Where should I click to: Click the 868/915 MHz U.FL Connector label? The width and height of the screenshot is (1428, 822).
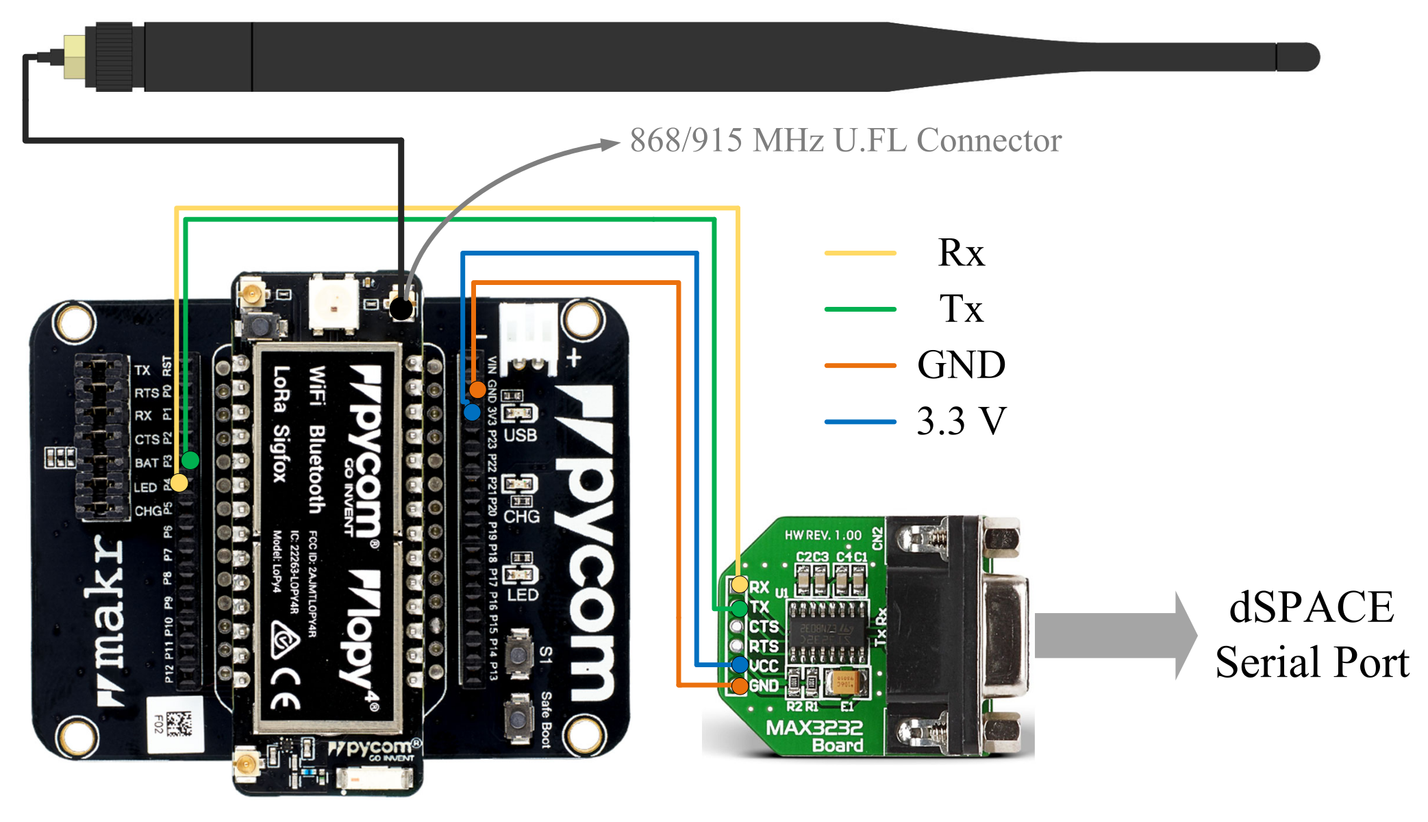click(x=845, y=140)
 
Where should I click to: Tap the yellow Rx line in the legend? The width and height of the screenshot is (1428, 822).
click(x=860, y=253)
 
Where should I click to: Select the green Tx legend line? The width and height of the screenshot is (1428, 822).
click(x=860, y=310)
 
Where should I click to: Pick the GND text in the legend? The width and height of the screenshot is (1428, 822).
click(x=961, y=364)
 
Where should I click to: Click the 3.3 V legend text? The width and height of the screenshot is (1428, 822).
click(x=961, y=421)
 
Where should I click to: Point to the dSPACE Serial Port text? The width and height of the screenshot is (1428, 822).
click(x=1312, y=634)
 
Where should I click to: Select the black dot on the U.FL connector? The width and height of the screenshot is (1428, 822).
click(x=401, y=308)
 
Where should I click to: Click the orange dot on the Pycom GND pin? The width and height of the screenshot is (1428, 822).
click(x=477, y=390)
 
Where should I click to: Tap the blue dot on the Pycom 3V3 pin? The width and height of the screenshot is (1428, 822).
click(x=472, y=412)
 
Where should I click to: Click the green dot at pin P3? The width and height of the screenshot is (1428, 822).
click(x=190, y=460)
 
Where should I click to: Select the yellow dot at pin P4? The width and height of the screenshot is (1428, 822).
click(x=179, y=483)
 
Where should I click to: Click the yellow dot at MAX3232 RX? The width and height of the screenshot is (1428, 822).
click(x=739, y=584)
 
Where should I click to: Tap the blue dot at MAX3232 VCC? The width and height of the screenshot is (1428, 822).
click(x=739, y=664)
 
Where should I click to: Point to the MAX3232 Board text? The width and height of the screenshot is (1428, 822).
click(x=815, y=736)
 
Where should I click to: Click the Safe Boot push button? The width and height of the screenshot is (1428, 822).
click(x=518, y=718)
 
